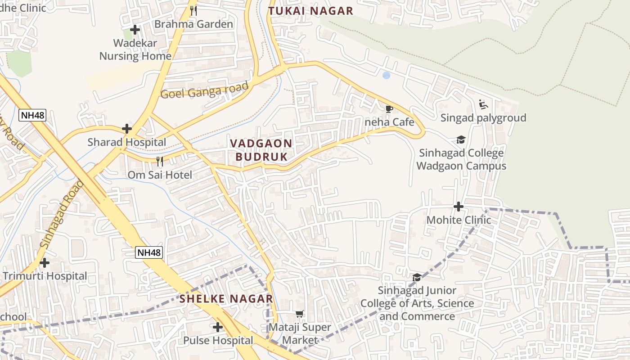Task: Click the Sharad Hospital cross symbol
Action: pyautogui.click(x=127, y=129)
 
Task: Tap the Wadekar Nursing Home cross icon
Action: pyautogui.click(x=135, y=30)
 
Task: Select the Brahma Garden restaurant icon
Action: pyautogui.click(x=193, y=11)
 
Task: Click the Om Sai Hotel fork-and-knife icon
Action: pyautogui.click(x=159, y=161)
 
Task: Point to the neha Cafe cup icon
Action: pyautogui.click(x=389, y=108)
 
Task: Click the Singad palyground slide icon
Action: pyautogui.click(x=483, y=104)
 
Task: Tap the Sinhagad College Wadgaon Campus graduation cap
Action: pyautogui.click(x=460, y=139)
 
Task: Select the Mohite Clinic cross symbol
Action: pyautogui.click(x=459, y=207)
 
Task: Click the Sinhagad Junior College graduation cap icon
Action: pyautogui.click(x=417, y=277)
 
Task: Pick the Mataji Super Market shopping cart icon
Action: pyautogui.click(x=300, y=314)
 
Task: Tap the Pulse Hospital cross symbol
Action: pyautogui.click(x=218, y=327)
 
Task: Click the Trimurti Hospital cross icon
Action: pyautogui.click(x=45, y=262)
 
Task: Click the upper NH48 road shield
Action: pyautogui.click(x=32, y=115)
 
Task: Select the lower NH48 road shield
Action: pyautogui.click(x=149, y=252)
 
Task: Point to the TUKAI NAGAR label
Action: pyautogui.click(x=310, y=11)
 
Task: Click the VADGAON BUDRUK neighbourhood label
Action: pyautogui.click(x=261, y=150)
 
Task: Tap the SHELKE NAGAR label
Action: pyautogui.click(x=226, y=299)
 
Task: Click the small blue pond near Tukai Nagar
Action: pyautogui.click(x=386, y=76)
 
